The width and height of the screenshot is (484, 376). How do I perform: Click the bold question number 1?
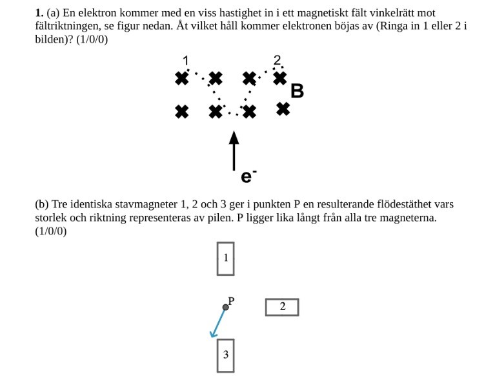click(39, 13)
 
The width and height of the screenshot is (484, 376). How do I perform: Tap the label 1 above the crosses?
click(186, 61)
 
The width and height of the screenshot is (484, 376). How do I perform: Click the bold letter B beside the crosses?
click(297, 91)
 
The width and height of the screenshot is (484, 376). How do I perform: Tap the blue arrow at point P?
click(218, 322)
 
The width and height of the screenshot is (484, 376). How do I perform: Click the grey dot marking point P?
click(225, 307)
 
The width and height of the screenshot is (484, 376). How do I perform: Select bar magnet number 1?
click(225, 258)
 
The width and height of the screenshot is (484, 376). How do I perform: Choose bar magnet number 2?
click(282, 307)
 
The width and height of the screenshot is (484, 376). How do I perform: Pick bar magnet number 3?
click(225, 355)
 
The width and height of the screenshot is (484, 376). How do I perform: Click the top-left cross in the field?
click(182, 79)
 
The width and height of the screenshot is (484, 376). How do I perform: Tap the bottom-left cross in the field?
click(182, 112)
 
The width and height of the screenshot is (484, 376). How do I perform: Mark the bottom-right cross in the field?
click(283, 109)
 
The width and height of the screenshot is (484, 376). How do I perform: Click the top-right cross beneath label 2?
click(280, 78)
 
